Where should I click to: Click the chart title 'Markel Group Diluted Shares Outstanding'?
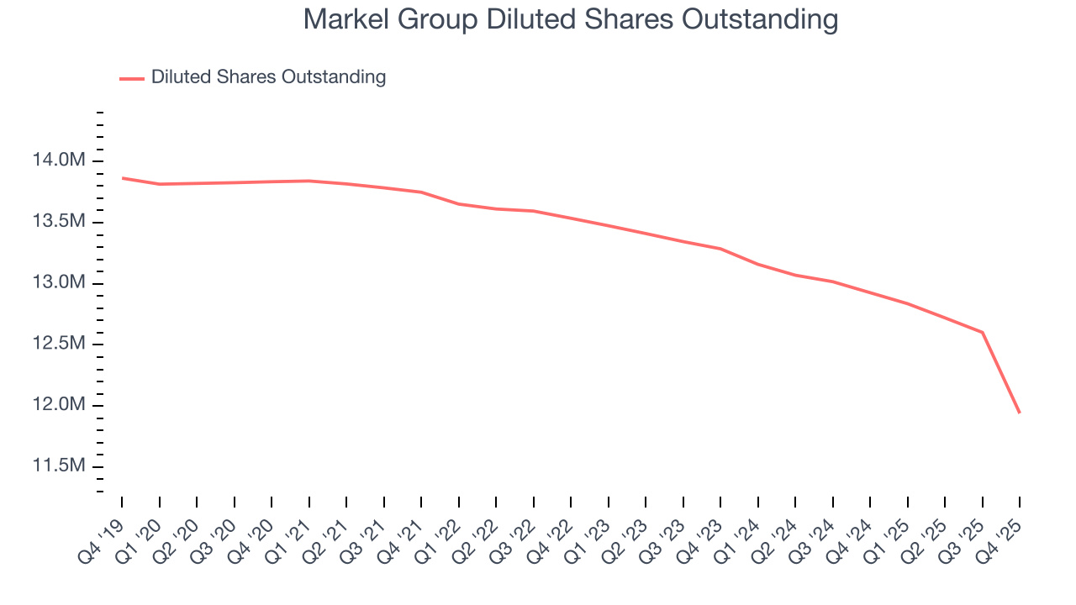571,18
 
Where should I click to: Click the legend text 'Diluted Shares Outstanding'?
268,77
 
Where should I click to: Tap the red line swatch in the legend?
132,78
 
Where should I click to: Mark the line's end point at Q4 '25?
1020,413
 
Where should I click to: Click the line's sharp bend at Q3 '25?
983,332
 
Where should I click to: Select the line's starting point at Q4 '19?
122,178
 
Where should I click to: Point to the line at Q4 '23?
720,249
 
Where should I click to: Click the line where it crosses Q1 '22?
459,203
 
